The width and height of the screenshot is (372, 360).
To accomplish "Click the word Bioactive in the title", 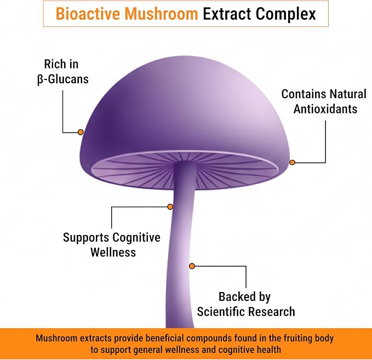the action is (x=88, y=14).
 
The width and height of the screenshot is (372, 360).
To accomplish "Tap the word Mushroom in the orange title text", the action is (x=161, y=14).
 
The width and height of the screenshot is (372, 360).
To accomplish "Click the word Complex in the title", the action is (x=285, y=14).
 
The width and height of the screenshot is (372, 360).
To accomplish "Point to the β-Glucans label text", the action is (x=63, y=79).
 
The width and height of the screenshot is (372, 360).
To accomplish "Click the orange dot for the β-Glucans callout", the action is (x=81, y=132).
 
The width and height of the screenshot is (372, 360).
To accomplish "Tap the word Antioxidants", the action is (x=325, y=109).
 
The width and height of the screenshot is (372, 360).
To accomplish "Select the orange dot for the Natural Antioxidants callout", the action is (x=293, y=162).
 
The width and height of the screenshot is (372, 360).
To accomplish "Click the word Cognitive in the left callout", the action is (x=136, y=238).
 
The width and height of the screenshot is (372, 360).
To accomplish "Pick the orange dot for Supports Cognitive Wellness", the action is (x=170, y=207).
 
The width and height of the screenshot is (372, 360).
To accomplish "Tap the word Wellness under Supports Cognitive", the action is (x=113, y=252).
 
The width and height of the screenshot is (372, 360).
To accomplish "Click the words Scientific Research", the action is (x=246, y=312).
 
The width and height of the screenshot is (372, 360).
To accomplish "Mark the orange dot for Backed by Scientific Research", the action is (x=192, y=266).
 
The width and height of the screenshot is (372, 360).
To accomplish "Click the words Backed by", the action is (x=244, y=297).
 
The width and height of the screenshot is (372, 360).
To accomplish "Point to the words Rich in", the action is (x=61, y=64).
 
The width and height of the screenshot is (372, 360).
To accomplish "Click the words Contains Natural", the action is (x=324, y=94).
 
